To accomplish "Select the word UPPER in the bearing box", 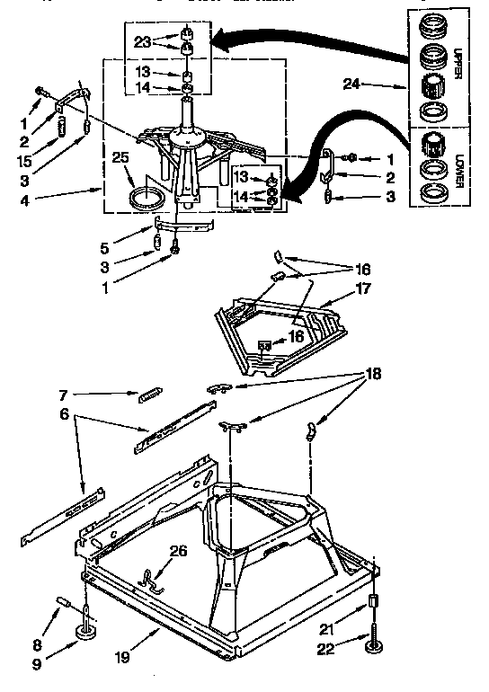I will (x=457, y=62).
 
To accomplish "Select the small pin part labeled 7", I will (x=149, y=393).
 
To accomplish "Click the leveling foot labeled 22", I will (x=372, y=643).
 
